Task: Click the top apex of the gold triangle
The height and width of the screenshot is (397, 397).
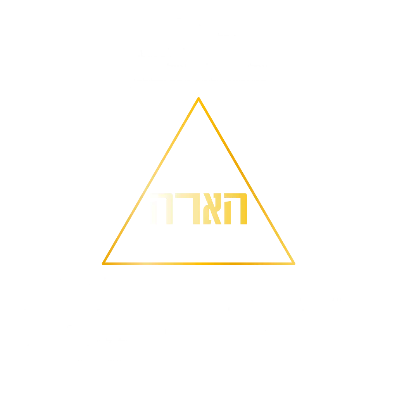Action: pos(198,99)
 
